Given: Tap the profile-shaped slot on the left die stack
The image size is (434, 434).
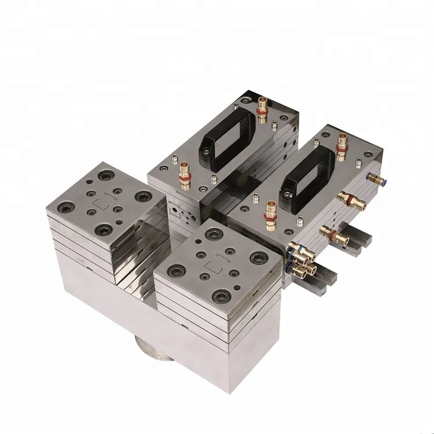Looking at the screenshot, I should [x=105, y=203].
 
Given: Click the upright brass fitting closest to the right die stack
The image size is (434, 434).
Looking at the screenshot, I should [x=270, y=212].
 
